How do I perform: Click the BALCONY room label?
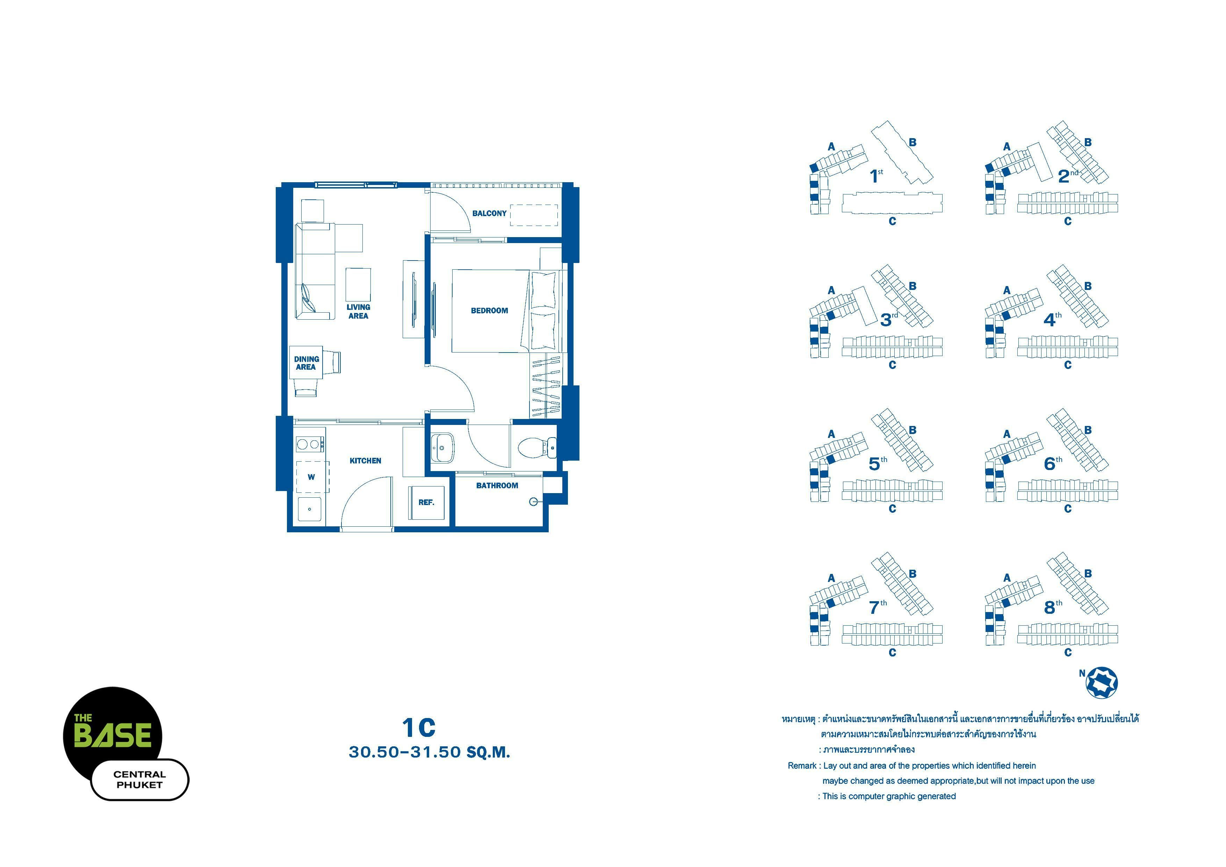tap(489, 213)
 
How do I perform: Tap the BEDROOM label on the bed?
tap(489, 310)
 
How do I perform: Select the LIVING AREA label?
tap(358, 311)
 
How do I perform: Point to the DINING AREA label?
tap(306, 363)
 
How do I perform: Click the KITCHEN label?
tap(365, 461)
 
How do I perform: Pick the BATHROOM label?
tap(497, 485)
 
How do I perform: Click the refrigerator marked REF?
tap(426, 502)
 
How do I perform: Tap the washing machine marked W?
tap(312, 476)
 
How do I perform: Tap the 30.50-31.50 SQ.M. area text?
tap(429, 752)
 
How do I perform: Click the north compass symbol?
tap(1102, 682)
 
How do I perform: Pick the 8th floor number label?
tap(1053, 607)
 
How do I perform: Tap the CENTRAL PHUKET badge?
tap(140, 780)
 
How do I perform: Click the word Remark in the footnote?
tap(802, 766)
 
